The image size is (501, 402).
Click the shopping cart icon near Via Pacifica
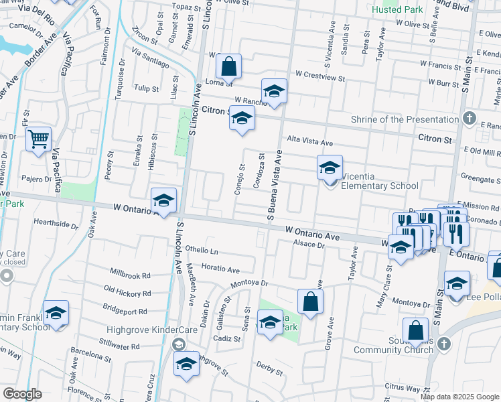point(39,139)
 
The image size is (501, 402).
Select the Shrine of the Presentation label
point(405,120)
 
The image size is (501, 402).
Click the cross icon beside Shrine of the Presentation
point(470,119)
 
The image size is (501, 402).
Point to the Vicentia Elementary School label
point(380,186)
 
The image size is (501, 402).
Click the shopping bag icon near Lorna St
point(229,66)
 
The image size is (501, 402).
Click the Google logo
point(22,394)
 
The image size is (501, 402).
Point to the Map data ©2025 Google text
point(460,397)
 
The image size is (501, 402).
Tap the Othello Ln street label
point(202,251)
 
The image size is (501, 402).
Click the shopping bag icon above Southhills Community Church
point(415,330)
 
